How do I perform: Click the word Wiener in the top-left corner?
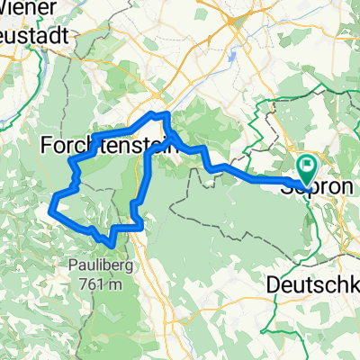coord(28,7)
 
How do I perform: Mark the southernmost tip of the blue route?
coord(111,244)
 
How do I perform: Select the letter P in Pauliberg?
coord(71,264)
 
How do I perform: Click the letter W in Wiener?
coord(10,7)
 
